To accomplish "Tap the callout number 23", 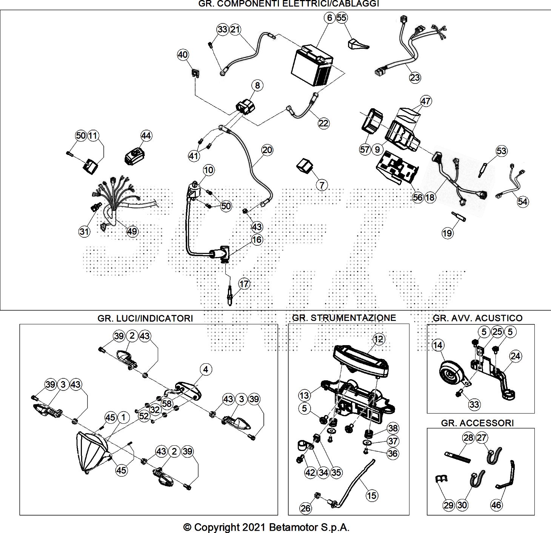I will pos(415,77).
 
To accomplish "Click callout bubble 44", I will pos(146,135).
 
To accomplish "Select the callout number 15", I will pos(372,495).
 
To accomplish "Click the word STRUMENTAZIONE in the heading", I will pos(353,318).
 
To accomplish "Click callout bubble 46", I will pos(497,505).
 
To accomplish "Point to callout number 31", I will pos(84,231).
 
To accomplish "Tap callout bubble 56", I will pos(418,197).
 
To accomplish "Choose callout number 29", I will pos(448,505).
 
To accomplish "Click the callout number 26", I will pos(306,508).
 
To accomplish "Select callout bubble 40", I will pos(183,55).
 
